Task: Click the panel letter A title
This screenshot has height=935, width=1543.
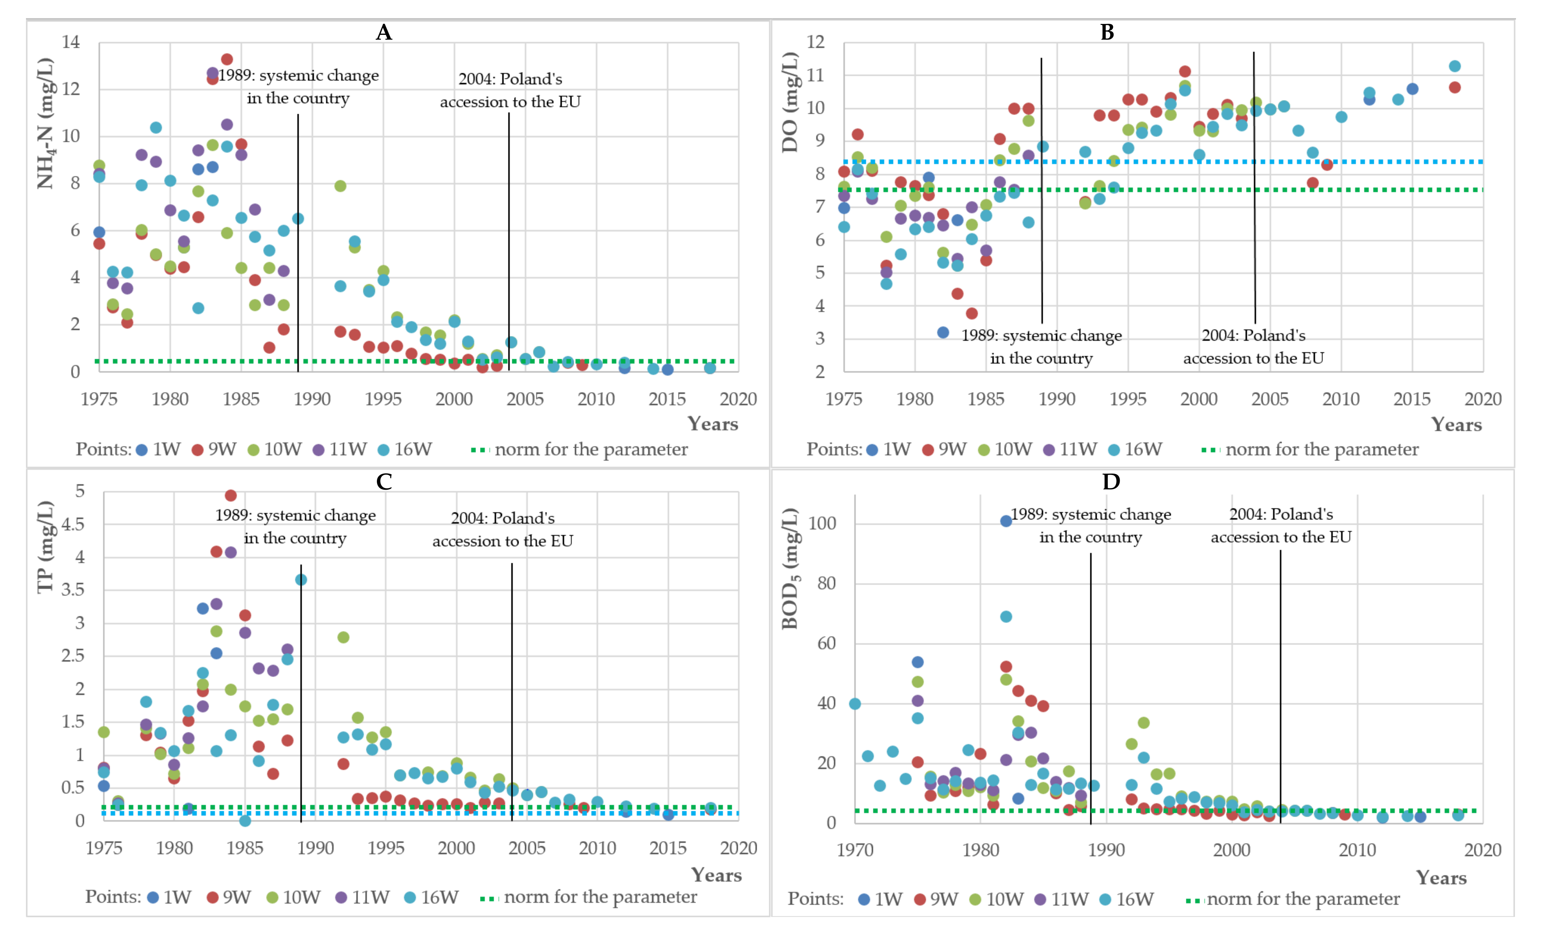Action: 384,32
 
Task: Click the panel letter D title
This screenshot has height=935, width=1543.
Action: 1110,482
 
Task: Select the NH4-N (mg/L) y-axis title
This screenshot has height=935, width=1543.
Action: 45,123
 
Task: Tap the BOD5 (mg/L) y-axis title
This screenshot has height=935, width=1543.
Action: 790,569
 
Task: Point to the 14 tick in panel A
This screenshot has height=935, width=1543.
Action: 71,42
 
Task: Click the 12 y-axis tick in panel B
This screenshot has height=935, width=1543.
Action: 815,42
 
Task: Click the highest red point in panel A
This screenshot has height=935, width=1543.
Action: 227,59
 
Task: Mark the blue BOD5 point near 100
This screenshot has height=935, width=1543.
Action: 1006,521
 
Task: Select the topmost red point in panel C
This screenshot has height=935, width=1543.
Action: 230,496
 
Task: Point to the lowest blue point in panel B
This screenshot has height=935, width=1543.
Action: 943,333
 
